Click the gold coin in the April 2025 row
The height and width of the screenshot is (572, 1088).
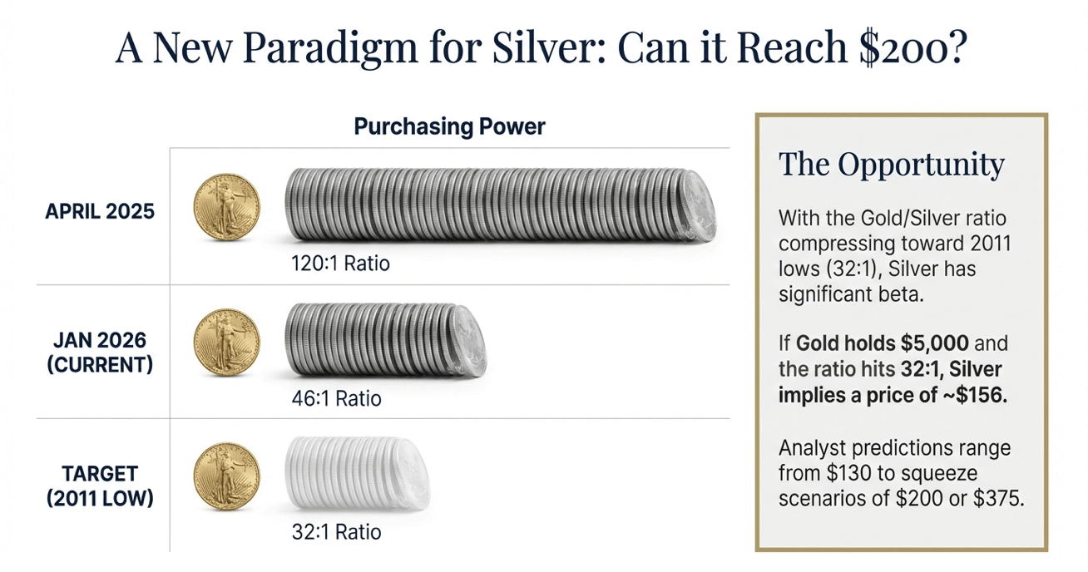click(227, 207)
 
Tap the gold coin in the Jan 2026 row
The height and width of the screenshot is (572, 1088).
click(227, 343)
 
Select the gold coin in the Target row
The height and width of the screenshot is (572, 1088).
click(227, 476)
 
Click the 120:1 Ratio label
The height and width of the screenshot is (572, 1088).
click(340, 264)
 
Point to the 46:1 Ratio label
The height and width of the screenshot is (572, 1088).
click(336, 398)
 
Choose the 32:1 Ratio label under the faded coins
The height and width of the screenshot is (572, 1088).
click(336, 532)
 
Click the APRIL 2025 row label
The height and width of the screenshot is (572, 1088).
click(100, 212)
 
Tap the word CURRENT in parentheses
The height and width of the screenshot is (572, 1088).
click(100, 365)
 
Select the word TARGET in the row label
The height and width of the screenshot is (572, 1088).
click(100, 473)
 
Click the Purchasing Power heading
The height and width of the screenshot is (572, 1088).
click(449, 126)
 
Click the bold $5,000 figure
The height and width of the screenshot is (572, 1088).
click(935, 343)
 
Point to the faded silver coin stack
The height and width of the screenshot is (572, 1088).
click(358, 473)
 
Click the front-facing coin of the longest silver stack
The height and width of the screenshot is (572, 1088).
click(699, 206)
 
